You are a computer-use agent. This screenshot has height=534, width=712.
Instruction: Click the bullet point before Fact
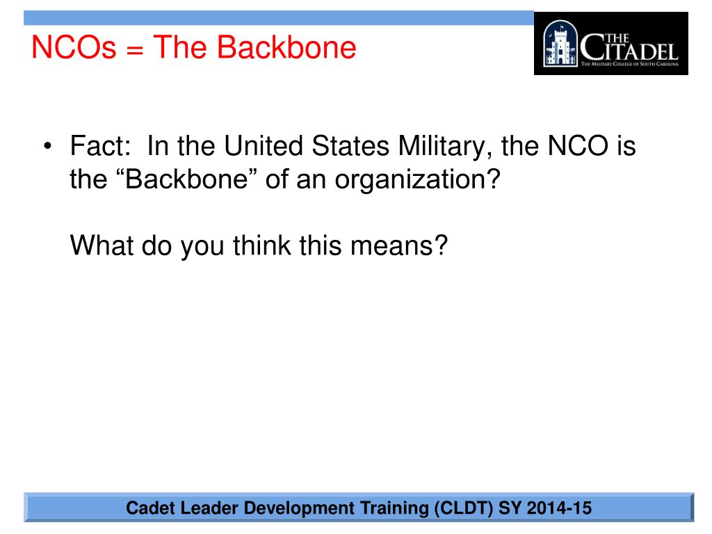pos(47,148)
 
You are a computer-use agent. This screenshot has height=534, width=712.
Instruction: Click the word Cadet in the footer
pos(150,508)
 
